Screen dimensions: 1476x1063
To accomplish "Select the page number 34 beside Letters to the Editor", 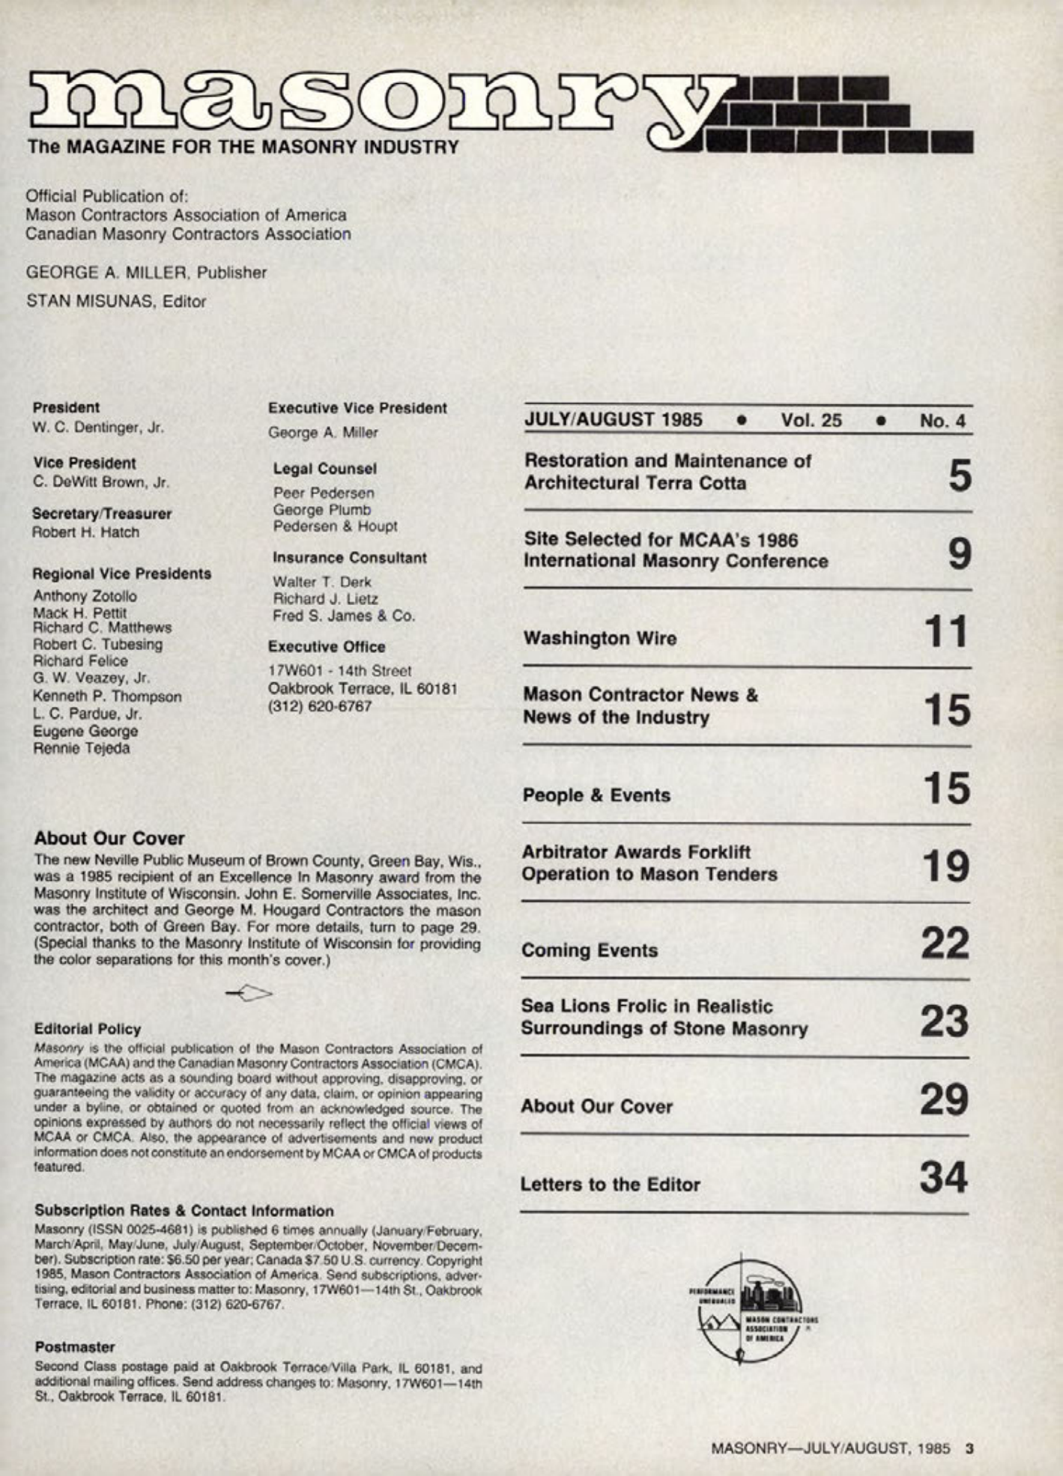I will (x=944, y=1178).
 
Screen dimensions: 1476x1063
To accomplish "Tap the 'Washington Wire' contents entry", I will (x=599, y=639).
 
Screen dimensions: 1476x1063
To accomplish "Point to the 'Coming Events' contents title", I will (x=590, y=950).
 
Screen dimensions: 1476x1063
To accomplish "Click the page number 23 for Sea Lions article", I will (x=944, y=1021).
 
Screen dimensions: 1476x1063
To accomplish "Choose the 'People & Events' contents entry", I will (x=596, y=795).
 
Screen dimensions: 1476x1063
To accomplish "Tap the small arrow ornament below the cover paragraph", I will (x=249, y=993).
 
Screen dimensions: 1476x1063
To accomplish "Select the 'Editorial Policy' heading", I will (x=88, y=1029).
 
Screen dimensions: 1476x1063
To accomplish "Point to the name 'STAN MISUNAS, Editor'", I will (x=116, y=302).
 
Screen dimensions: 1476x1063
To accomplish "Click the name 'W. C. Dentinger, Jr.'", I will (x=98, y=428).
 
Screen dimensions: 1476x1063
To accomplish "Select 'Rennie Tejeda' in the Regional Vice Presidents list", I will (x=82, y=748).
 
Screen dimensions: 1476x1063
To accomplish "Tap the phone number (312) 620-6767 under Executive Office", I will (x=321, y=705).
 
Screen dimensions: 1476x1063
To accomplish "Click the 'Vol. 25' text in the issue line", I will (x=811, y=420).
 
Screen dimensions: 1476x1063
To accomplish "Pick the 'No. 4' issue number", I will (x=942, y=421).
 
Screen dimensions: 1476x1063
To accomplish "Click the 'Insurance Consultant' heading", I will (x=350, y=558).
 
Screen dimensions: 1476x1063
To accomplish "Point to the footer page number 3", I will (x=969, y=1448).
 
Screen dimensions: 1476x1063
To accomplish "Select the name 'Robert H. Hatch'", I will (x=85, y=532).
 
